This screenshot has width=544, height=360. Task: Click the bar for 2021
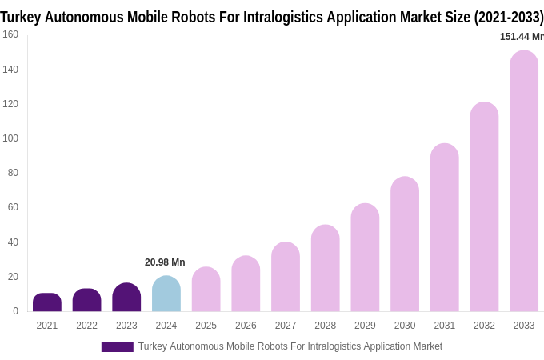click(47, 302)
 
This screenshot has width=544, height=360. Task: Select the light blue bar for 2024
click(166, 294)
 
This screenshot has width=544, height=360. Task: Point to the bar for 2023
click(126, 298)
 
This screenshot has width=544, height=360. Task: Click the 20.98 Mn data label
click(165, 262)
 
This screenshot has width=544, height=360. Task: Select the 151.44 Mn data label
click(521, 37)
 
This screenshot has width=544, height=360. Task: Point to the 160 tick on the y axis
click(10, 34)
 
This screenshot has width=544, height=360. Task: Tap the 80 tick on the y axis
click(13, 173)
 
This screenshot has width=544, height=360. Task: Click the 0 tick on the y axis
click(15, 311)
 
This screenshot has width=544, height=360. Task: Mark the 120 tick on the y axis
click(10, 104)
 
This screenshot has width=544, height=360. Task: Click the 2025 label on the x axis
click(206, 326)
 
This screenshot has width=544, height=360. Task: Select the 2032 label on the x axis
click(484, 326)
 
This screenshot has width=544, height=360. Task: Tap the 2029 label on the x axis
click(365, 326)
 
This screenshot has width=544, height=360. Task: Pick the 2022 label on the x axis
click(86, 326)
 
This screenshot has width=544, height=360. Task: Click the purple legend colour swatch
click(117, 347)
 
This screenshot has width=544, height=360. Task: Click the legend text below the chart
click(290, 346)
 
